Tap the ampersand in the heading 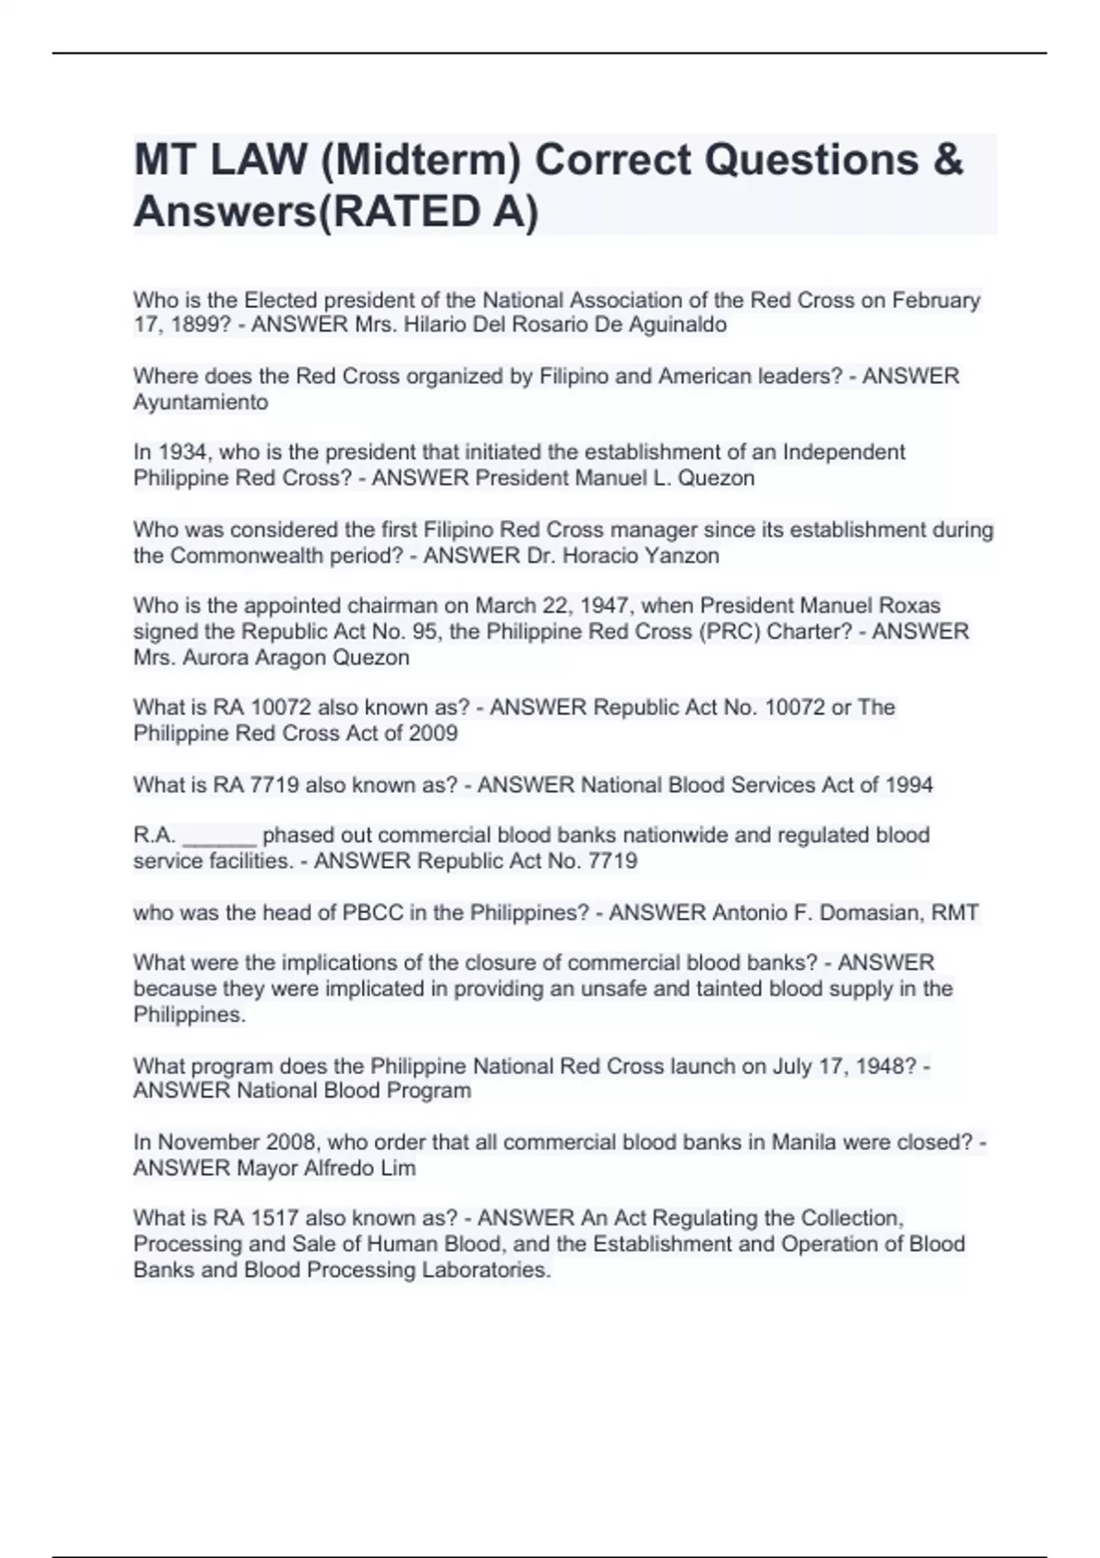coord(950,160)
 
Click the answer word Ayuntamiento coord(201,402)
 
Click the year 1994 coord(908,785)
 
